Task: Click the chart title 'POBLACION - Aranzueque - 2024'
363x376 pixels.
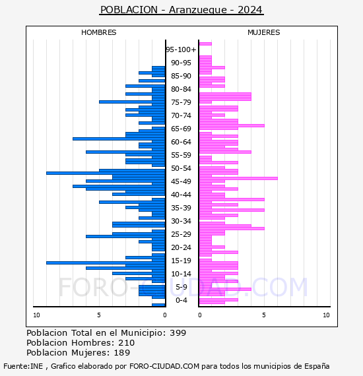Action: point(181,10)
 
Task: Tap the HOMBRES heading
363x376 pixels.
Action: point(98,32)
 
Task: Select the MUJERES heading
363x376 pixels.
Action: point(264,32)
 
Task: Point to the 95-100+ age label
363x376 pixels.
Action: point(181,49)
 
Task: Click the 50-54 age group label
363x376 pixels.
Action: point(181,168)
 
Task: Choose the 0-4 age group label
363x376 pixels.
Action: point(181,300)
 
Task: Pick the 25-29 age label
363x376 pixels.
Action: point(181,234)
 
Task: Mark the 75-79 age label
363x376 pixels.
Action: point(181,102)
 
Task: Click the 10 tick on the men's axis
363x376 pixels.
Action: point(36,315)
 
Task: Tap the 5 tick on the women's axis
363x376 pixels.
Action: point(264,315)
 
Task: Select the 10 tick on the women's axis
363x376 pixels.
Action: point(326,315)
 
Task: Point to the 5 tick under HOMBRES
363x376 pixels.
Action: point(99,315)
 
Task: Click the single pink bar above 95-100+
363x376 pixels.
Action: point(205,44)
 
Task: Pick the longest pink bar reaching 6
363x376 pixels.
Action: point(238,178)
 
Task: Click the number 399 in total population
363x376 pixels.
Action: point(178,333)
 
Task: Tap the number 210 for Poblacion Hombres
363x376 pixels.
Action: point(127,342)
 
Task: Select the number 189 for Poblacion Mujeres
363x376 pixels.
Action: point(122,352)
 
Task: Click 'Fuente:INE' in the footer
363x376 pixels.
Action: point(23,366)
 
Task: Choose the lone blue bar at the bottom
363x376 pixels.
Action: point(158,305)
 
